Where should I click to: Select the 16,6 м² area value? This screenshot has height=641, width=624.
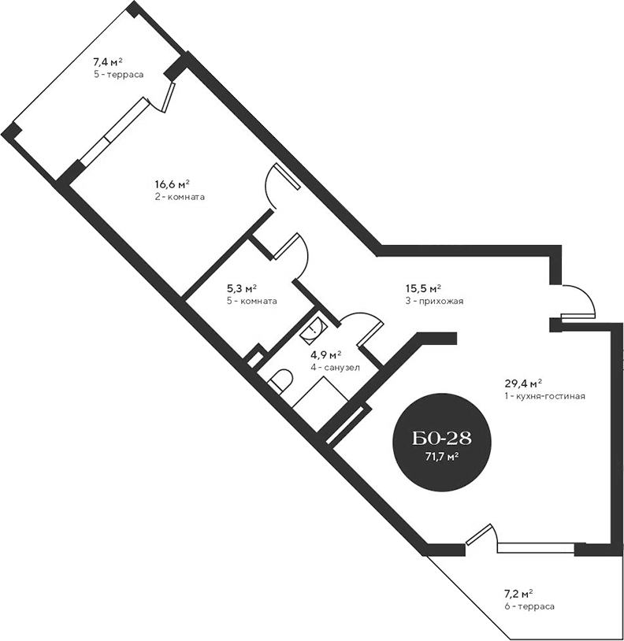173,184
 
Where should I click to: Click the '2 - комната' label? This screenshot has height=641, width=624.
180,197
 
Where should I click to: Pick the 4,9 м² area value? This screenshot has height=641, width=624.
325,354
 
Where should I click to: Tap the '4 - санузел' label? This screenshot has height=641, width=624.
335,366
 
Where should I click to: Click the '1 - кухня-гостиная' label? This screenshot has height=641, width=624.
544,396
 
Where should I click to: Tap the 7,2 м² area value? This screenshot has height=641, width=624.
518,594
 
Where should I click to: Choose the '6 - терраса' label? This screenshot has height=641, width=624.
529,606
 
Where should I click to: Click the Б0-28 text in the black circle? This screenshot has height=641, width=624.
441,438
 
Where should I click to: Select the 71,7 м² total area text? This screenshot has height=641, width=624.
441,455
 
